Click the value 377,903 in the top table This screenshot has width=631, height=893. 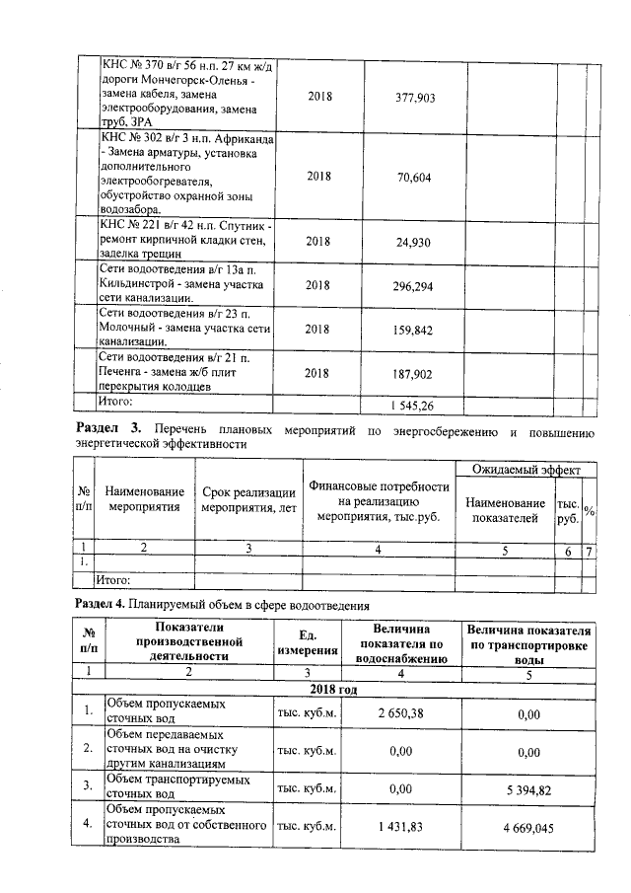tap(414, 98)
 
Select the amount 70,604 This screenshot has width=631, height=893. tap(414, 177)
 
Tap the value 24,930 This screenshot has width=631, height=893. tap(414, 241)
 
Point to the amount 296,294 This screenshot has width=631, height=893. tap(414, 286)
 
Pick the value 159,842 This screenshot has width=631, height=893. tap(414, 331)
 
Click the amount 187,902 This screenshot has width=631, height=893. tap(414, 374)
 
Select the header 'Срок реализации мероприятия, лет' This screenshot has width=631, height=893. tap(248, 500)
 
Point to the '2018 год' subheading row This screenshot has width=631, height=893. tap(333, 688)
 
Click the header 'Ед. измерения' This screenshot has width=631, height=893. tap(307, 642)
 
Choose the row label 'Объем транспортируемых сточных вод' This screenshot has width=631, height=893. tap(176, 786)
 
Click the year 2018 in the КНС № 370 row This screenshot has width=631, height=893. tap(319, 98)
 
